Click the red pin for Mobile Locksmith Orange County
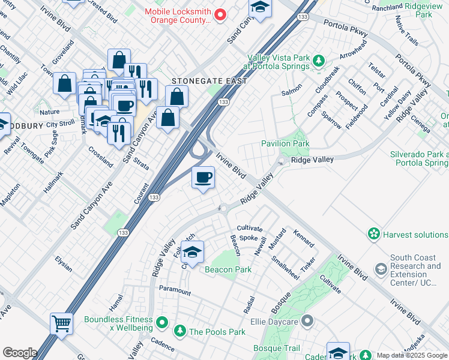tap(220, 15)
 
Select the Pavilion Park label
tap(285, 143)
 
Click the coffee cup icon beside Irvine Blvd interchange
tap(203, 178)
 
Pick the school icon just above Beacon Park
tap(192, 253)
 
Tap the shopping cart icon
tap(61, 324)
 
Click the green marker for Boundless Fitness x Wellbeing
tap(161, 324)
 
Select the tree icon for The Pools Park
tap(179, 331)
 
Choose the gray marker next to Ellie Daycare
tap(307, 321)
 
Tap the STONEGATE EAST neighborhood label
tap(209, 80)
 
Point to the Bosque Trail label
tap(276, 348)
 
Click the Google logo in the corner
tap(20, 353)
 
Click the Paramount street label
tap(175, 290)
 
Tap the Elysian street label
tap(63, 263)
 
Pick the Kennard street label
tap(303, 238)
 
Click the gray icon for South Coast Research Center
tap(381, 270)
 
